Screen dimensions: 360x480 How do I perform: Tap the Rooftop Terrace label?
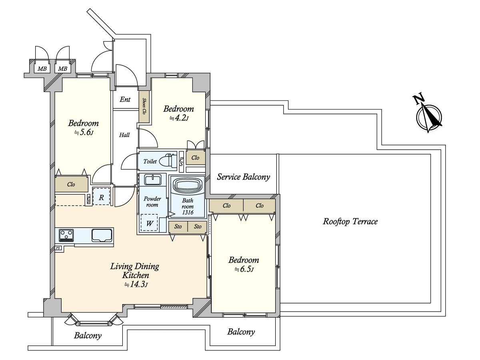tap(350, 221)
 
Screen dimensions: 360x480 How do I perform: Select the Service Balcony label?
tap(243, 177)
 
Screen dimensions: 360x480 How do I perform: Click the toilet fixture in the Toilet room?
tap(168, 161)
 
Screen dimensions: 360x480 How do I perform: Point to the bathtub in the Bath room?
tap(187, 186)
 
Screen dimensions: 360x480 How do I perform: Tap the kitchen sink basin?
tap(102, 235)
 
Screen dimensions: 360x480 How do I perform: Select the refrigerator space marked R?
tap(102, 197)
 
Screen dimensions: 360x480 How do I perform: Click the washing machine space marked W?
tap(149, 224)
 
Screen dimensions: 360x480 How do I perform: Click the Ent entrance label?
tap(125, 99)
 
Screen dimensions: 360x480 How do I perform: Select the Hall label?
tap(124, 135)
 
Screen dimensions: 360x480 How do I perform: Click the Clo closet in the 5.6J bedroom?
tap(71, 184)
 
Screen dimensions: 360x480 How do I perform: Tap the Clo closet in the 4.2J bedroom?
tap(196, 158)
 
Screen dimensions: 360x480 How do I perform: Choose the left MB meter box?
tap(42, 68)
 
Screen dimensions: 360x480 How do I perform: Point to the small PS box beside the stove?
tap(58, 248)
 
